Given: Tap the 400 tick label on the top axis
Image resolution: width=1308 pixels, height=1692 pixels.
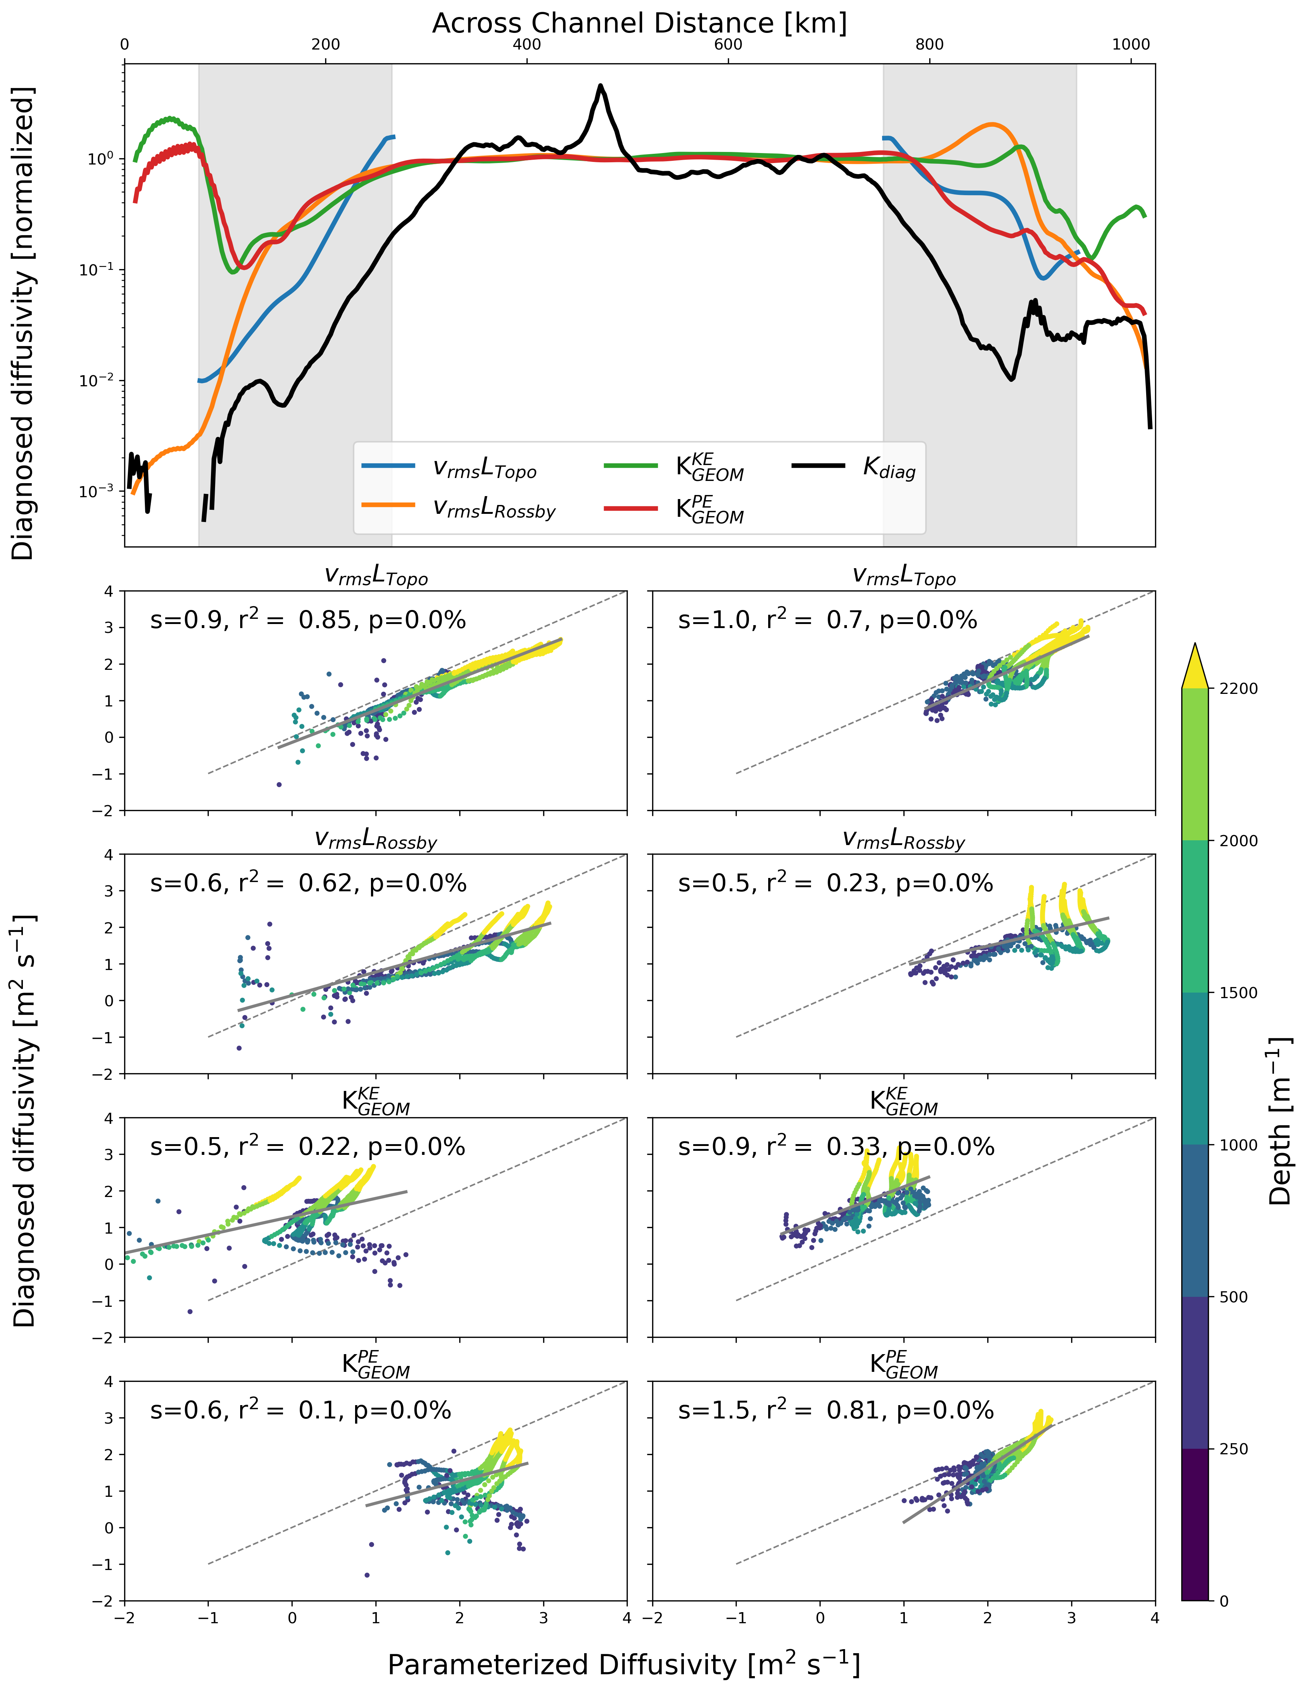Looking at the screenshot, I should (x=527, y=45).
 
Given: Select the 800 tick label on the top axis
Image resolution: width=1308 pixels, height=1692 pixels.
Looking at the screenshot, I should (x=929, y=45).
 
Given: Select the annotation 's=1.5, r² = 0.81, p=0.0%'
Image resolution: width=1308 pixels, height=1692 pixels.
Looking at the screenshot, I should (x=835, y=1410).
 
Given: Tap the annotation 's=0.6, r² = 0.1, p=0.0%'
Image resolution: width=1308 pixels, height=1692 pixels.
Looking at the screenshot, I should (x=300, y=1410).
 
